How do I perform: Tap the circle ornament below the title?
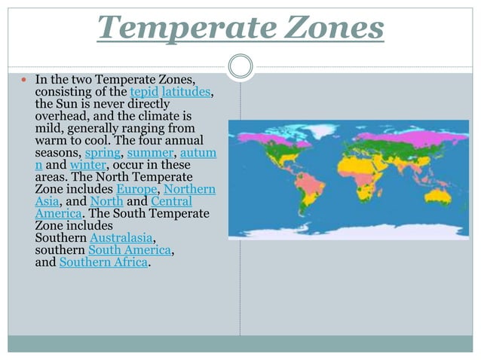pos(240,66)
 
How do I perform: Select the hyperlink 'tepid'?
pos(144,92)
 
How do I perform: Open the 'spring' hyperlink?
pos(101,153)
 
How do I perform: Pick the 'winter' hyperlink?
pos(88,165)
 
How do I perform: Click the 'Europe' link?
pos(137,189)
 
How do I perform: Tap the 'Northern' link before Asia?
pos(189,189)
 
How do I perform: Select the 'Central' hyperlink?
pos(171,201)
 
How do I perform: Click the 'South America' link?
pos(130,249)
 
